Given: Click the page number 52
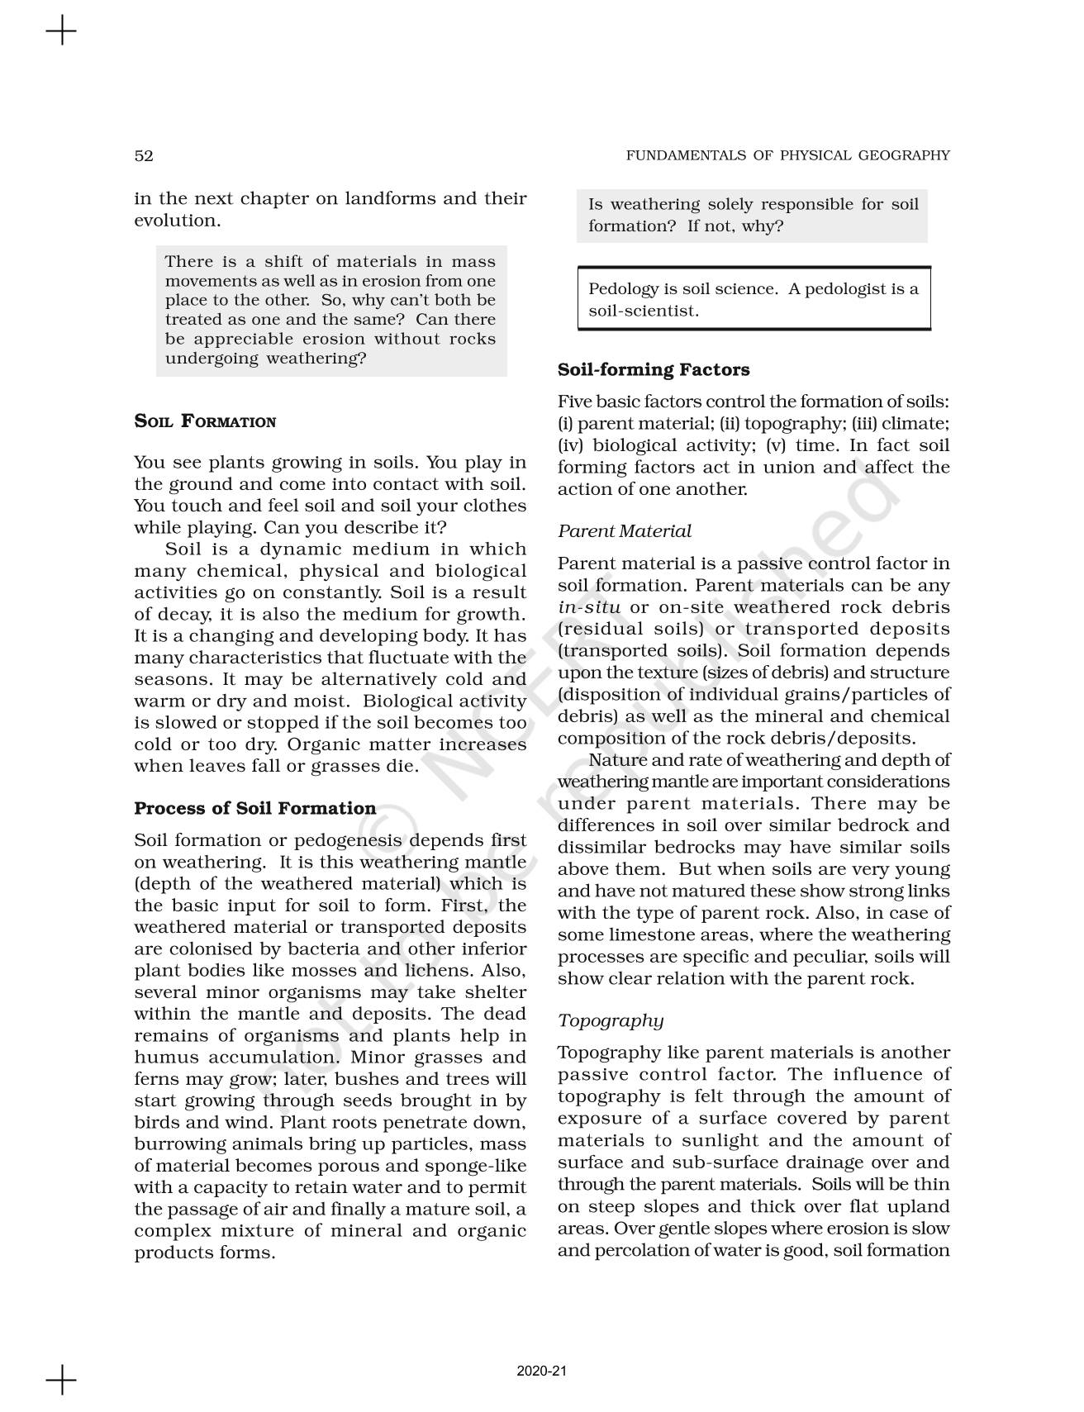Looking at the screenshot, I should tap(144, 155).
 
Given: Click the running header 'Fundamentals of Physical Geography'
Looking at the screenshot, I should tap(787, 155).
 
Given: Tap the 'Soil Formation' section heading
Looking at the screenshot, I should tap(205, 421).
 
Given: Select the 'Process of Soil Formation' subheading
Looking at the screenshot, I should tap(254, 808).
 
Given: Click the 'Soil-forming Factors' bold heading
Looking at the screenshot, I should tap(654, 369).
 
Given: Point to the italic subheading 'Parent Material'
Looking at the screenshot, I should tap(624, 531).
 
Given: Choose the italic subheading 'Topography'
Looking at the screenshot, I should tap(610, 1020).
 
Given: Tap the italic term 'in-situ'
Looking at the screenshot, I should tap(588, 607).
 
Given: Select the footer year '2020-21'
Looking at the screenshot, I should tap(542, 1372).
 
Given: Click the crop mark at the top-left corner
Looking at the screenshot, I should tap(61, 32).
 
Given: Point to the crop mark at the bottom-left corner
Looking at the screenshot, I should tap(61, 1380).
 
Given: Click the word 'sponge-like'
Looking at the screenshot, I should tap(478, 1166).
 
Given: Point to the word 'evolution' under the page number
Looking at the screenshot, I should tap(175, 221).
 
